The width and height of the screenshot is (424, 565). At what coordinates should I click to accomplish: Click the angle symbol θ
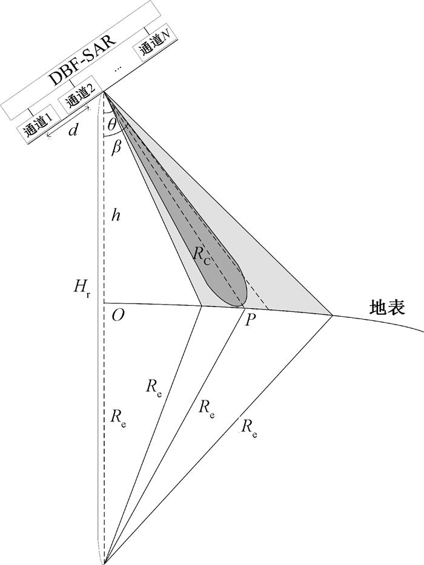[x=111, y=125]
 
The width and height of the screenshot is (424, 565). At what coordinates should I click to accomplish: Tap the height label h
[x=115, y=215]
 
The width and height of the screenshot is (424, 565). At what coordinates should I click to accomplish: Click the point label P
[x=250, y=320]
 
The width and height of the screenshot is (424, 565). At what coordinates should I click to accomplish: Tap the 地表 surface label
[x=387, y=309]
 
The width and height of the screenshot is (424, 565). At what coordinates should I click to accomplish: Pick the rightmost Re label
[x=248, y=428]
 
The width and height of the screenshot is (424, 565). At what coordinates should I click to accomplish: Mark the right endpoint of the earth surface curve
[x=422, y=332]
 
